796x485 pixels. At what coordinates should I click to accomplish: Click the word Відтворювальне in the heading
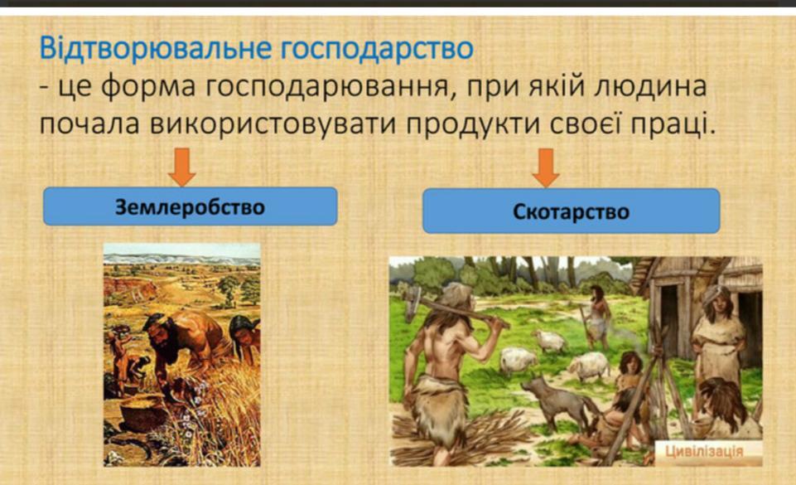pos(156,48)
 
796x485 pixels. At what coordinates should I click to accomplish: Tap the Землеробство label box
pos(191,206)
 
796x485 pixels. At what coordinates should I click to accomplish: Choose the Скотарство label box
pos(571,211)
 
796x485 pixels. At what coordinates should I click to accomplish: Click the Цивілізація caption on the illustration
pos(704,451)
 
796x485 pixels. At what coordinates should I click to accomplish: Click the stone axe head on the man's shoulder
pos(412,302)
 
